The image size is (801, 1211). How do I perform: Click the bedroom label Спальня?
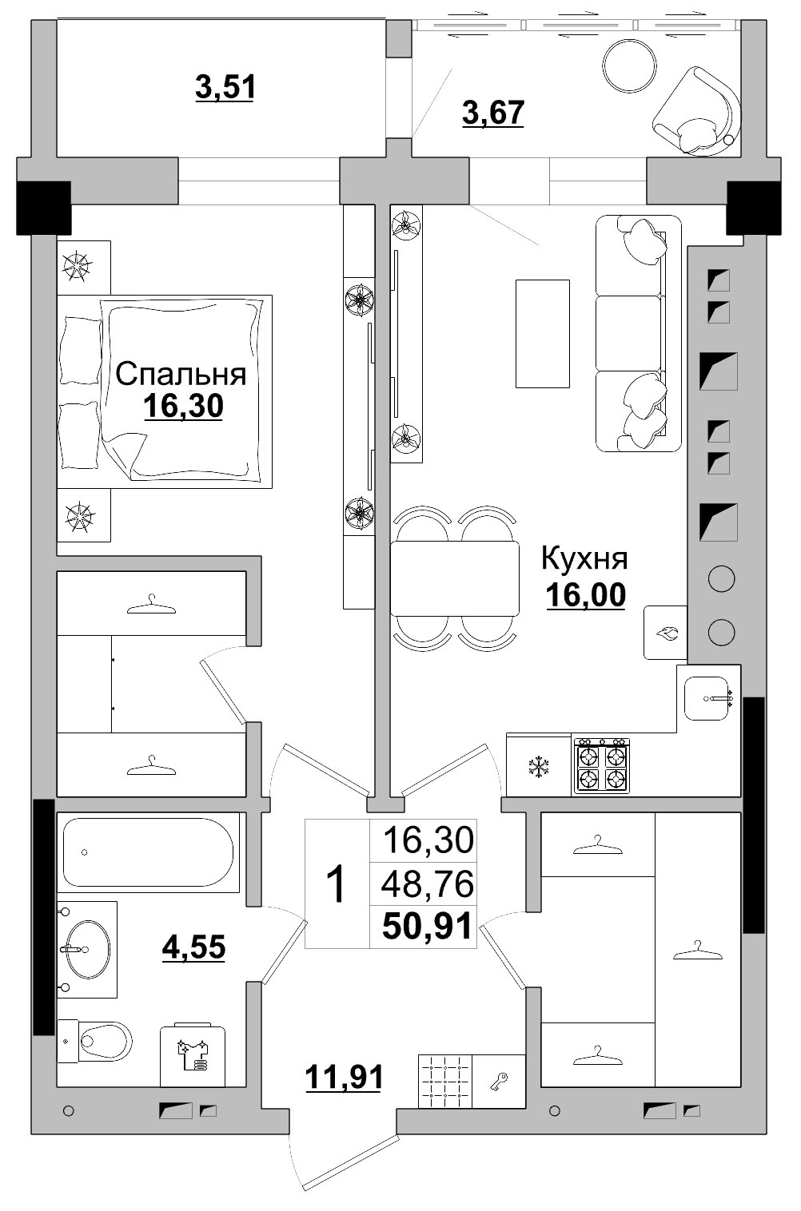pos(181,374)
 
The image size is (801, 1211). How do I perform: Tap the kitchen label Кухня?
pos(584,558)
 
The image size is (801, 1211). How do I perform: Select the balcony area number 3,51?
pos(225,87)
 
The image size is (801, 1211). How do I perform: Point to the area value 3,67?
pos(493,113)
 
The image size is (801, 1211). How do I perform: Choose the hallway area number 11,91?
pos(344,1076)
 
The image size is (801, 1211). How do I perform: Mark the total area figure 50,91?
pos(427,925)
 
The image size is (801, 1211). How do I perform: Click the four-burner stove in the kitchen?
pos(601,765)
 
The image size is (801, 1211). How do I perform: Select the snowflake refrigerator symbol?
pos(539,767)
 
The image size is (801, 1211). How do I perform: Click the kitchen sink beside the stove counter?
pos(707,698)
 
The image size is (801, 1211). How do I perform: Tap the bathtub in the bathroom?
pos(148,852)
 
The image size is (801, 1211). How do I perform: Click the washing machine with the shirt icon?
pos(193,1054)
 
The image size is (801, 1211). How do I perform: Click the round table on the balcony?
pos(630,66)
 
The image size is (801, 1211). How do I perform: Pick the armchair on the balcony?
pos(696,111)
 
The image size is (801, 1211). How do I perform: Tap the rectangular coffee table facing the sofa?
pos(543,334)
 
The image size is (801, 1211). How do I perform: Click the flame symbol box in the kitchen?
pos(665,632)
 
